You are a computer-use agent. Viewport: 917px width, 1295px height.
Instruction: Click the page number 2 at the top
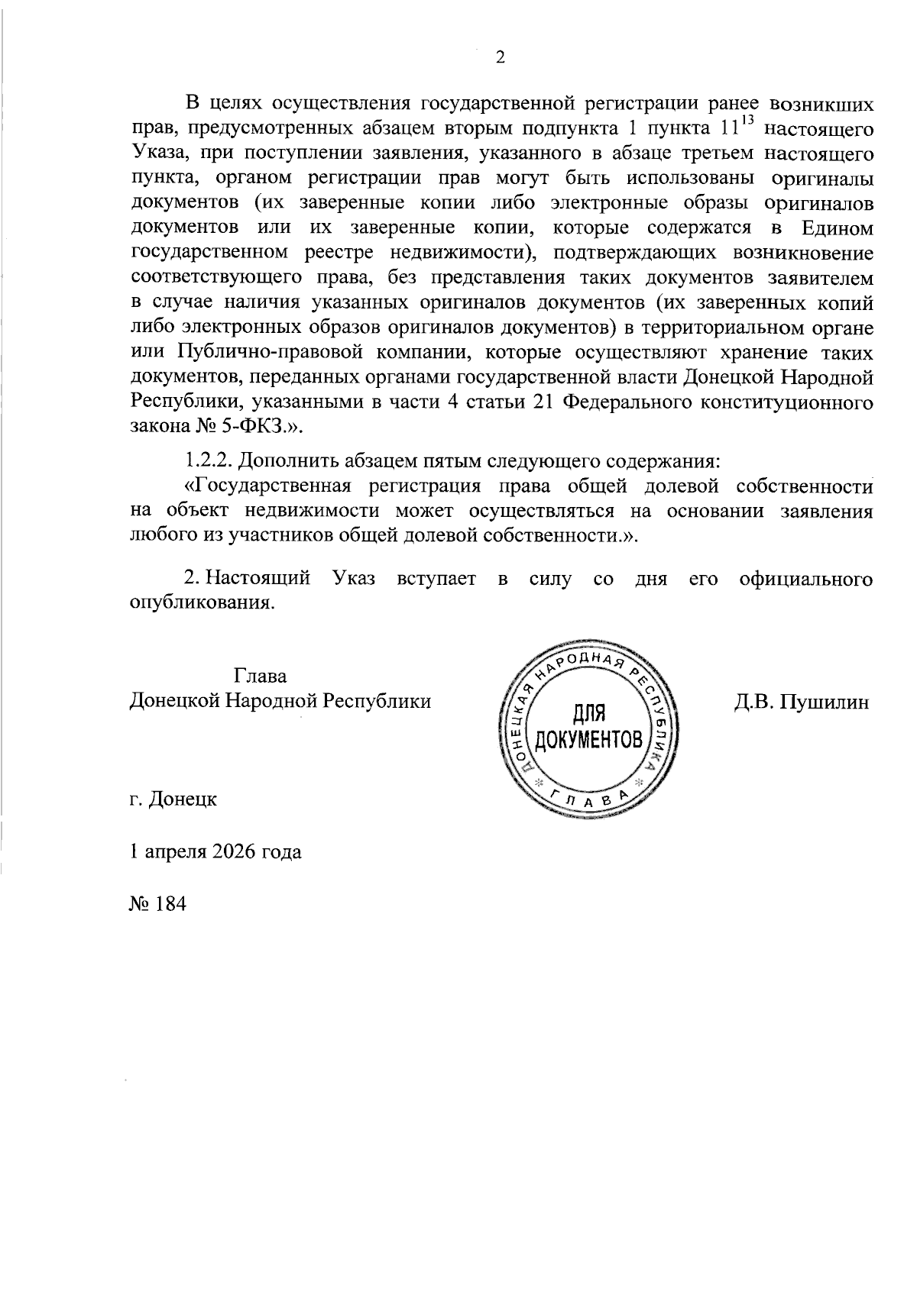click(x=501, y=58)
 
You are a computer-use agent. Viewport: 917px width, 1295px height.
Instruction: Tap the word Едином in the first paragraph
click(x=837, y=228)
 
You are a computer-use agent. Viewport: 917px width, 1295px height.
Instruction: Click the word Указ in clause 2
click(x=354, y=579)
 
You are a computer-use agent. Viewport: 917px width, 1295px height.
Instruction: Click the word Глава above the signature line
click(x=261, y=676)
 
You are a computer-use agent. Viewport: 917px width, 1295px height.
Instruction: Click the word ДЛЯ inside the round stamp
click(x=588, y=714)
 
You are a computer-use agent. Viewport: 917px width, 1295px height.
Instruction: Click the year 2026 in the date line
click(x=228, y=851)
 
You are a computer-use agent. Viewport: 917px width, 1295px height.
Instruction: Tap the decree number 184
click(x=170, y=904)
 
